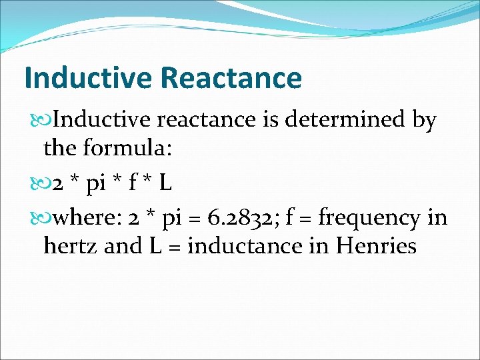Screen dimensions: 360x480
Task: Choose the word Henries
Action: point(377,246)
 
